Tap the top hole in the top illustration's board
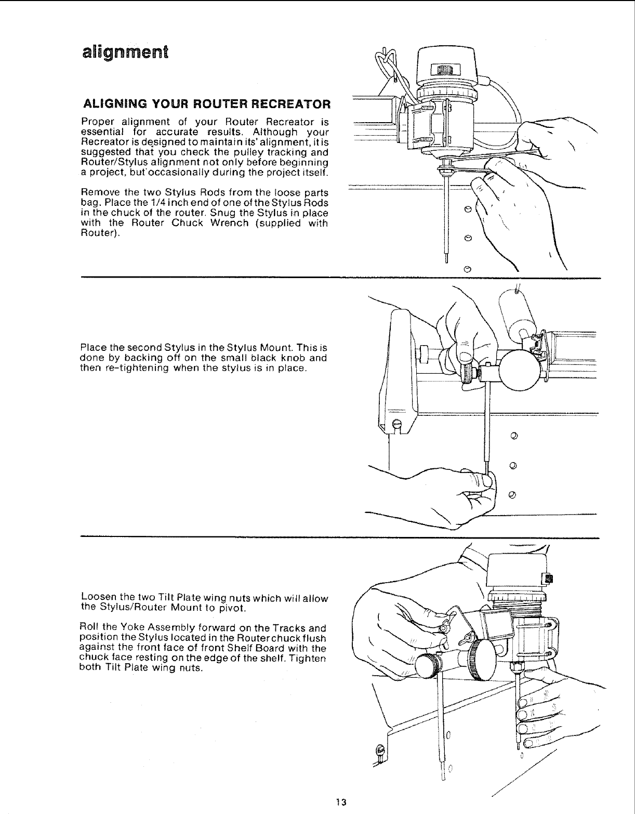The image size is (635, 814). (467, 209)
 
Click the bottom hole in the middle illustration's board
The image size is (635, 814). (512, 494)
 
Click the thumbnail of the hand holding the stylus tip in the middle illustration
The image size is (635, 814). (487, 482)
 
